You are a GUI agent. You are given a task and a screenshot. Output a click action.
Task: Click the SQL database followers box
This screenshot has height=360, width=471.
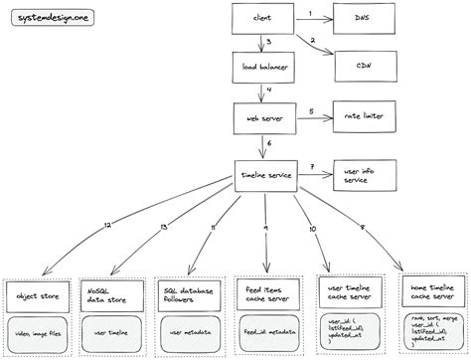190,294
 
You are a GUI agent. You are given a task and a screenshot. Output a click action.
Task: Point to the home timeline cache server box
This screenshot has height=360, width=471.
429,292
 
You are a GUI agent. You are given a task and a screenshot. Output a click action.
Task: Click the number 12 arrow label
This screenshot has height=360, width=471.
106,228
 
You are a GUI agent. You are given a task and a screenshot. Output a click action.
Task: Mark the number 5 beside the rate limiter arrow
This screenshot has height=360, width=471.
310,110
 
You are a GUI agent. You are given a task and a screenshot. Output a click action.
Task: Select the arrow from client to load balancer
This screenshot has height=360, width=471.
262,42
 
